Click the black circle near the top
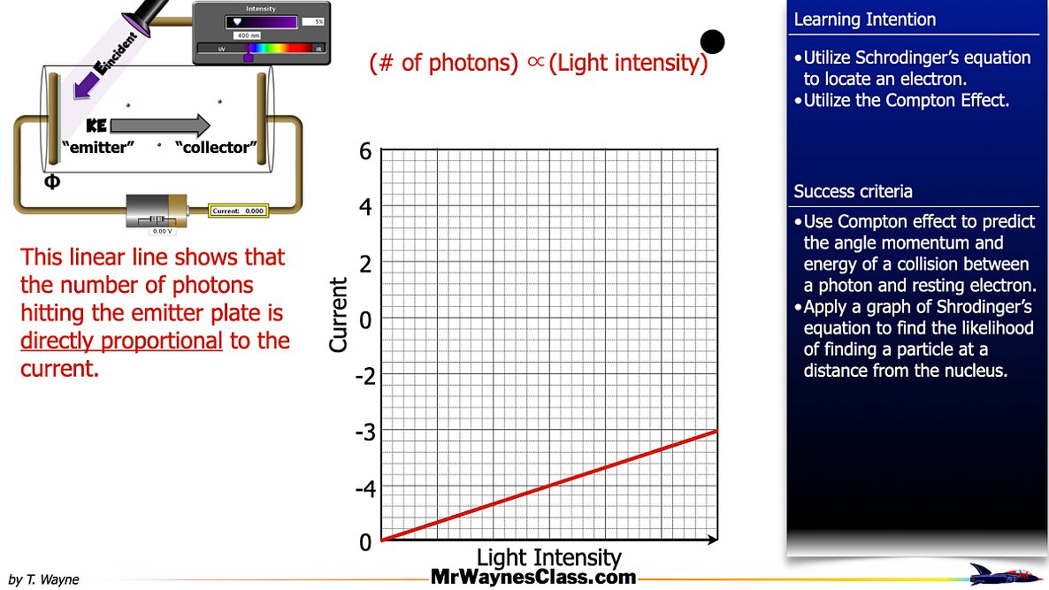pos(712,41)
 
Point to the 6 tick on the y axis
pos(365,152)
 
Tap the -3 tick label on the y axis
pos(364,433)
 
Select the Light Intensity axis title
pos(548,558)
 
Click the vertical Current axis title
pos(339,315)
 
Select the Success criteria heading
pos(853,192)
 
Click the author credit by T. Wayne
pos(43,580)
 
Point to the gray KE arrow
pos(159,126)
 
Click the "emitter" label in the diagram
pos(95,148)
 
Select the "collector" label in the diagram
pos(215,148)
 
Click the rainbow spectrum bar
pos(279,48)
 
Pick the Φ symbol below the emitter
pos(52,182)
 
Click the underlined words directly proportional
pos(121,341)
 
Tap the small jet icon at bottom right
pos(1002,574)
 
